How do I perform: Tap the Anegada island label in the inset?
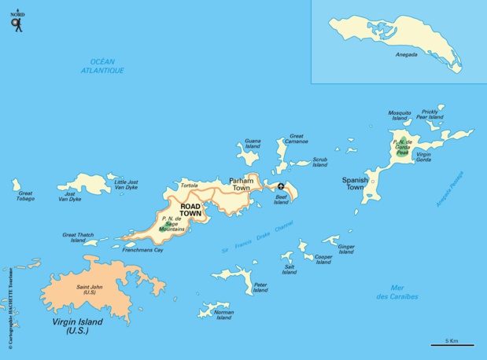tap(408, 55)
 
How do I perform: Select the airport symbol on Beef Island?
tap(280, 186)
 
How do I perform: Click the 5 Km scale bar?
tap(452, 343)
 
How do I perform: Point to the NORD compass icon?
tap(17, 23)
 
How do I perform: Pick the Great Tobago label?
tap(25, 196)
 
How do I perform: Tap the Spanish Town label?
tap(354, 184)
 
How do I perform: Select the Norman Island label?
tap(224, 315)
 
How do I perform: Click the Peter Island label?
tap(261, 288)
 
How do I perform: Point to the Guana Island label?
tap(253, 143)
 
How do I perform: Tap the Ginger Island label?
tap(346, 250)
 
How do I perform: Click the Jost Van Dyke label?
tap(70, 197)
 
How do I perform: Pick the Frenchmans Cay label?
tap(142, 250)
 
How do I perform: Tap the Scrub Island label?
tap(319, 162)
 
